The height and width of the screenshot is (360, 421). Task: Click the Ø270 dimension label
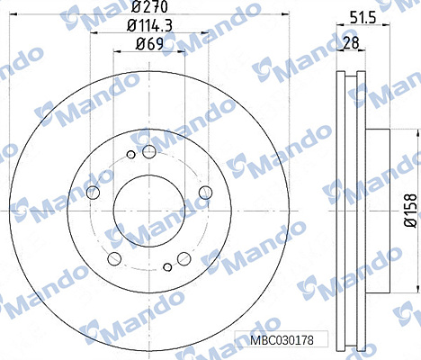point(149,6)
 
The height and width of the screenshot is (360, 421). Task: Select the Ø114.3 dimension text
point(149,25)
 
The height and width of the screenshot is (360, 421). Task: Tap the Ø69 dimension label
point(149,44)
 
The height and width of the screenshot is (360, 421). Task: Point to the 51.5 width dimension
point(363,19)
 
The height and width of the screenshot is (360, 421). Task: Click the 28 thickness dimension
point(351,43)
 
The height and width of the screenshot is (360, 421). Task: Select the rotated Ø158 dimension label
point(410,211)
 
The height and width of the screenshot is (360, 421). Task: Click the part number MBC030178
point(282,340)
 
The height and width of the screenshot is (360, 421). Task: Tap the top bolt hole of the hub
point(149,151)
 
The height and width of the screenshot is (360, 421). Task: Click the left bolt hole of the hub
point(93,192)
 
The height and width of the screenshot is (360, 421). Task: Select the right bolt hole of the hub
point(205,192)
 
